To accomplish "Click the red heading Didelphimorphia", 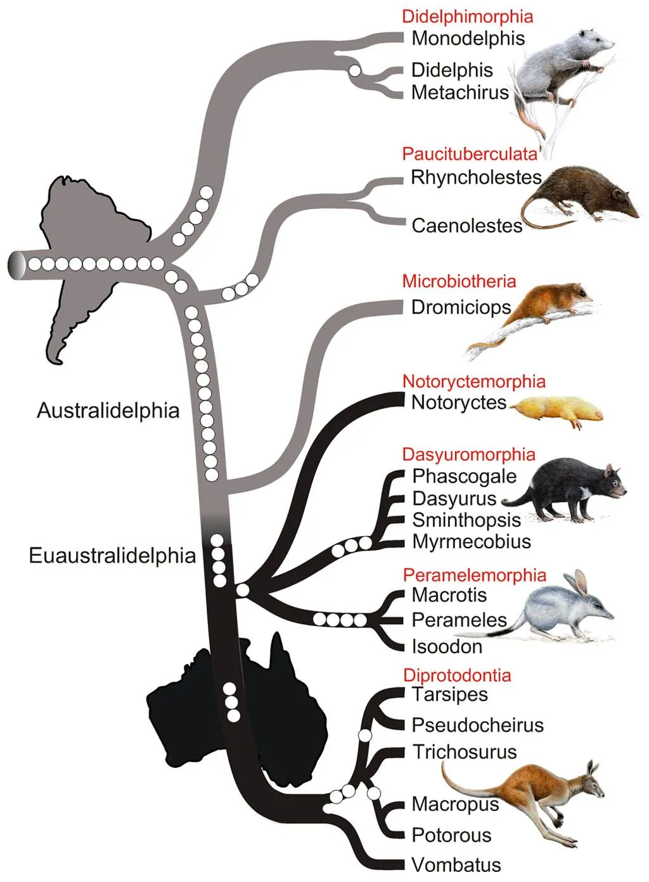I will (467, 16).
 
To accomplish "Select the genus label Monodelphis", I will (468, 38).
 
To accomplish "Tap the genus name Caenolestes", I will (466, 226).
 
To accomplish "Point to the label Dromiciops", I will (461, 307).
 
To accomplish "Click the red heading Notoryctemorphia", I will (473, 381).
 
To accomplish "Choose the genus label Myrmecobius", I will (472, 542).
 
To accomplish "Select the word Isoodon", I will (447, 646).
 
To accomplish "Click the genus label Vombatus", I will (456, 864).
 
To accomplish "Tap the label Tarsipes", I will (449, 694).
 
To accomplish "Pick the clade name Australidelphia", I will (108, 411).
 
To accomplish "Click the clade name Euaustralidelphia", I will (112, 556).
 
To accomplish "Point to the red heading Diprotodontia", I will (456, 675).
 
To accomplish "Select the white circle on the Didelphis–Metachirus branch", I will (355, 70).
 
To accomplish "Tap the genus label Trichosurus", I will (465, 752).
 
